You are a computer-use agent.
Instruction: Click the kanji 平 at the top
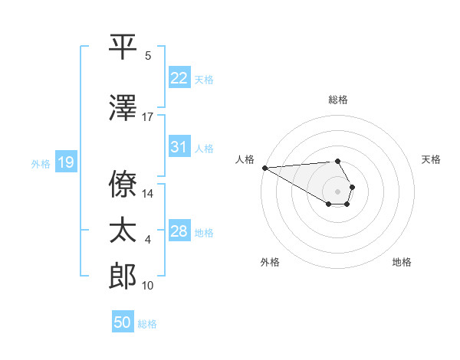[x=123, y=47]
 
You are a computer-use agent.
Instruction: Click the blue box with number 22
[x=179, y=78]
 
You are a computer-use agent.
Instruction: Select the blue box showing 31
[x=179, y=147]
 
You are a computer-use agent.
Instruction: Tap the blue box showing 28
[x=179, y=231]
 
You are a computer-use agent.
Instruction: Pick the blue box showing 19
[x=65, y=162]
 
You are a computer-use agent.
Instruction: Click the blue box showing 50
[x=123, y=322]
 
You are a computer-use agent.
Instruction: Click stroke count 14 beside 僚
[x=148, y=194]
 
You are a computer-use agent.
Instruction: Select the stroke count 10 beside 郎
[x=148, y=286]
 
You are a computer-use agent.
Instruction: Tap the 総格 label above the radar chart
[x=337, y=100]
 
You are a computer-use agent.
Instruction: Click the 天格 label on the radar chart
[x=431, y=159]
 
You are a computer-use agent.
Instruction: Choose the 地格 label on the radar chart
[x=402, y=263]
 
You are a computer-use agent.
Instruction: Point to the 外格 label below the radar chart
[x=270, y=263]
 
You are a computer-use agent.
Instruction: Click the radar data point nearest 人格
[x=264, y=168]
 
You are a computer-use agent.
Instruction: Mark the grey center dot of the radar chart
[x=337, y=191]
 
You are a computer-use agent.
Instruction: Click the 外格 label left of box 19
[x=41, y=163]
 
